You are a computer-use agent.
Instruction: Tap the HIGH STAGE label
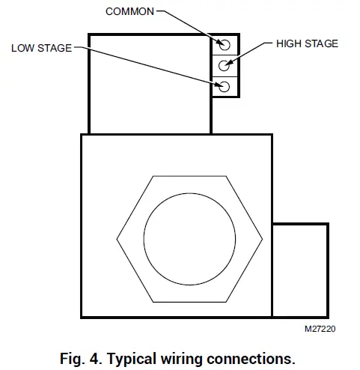click(x=307, y=43)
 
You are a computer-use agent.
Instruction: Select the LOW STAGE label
click(x=41, y=48)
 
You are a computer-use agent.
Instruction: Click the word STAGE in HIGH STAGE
click(x=323, y=43)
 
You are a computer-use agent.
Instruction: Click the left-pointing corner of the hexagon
click(x=116, y=239)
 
